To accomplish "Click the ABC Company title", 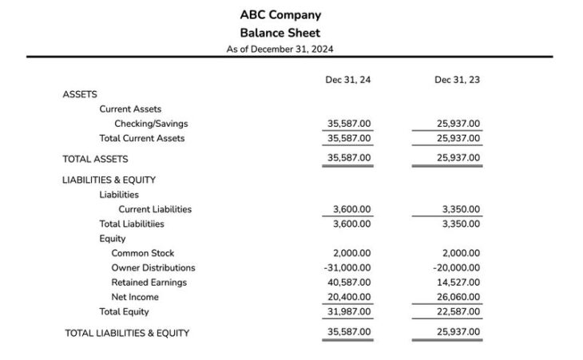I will (280, 15).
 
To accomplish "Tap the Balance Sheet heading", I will (280, 33).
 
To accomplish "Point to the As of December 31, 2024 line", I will (280, 49).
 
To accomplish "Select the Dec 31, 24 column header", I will (347, 80).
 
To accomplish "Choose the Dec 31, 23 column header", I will (457, 80).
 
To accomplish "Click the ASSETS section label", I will (80, 94).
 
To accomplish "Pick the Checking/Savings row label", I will (151, 124).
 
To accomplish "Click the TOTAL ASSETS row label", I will (95, 159).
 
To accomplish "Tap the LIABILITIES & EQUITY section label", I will (109, 180).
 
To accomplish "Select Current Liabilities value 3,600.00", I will (351, 209).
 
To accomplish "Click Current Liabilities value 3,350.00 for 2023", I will (461, 209).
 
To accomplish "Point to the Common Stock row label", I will (142, 253).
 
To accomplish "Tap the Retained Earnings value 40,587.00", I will (349, 282).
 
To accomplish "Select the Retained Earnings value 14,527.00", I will (458, 282).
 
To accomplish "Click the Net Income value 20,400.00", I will (349, 297).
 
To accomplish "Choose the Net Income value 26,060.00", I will (458, 297).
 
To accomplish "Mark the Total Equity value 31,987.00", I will (349, 311).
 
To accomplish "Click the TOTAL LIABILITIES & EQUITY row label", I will (127, 333).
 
